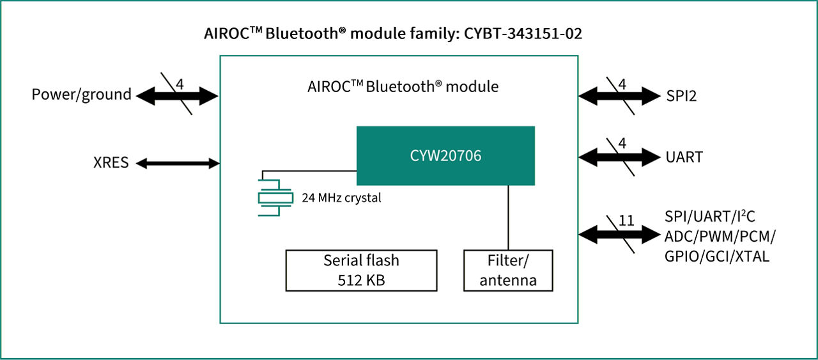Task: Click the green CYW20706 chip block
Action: click(445, 156)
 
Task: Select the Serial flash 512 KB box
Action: click(361, 270)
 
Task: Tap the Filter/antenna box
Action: click(508, 270)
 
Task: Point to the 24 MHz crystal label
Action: click(341, 198)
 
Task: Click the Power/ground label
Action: click(82, 95)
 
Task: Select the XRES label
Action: click(111, 163)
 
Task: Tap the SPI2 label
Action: click(681, 96)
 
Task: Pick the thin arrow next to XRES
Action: click(178, 163)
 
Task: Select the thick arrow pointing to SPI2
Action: click(619, 96)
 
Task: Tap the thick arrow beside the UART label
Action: click(619, 157)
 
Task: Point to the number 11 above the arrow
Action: click(626, 221)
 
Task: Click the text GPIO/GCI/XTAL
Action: click(716, 256)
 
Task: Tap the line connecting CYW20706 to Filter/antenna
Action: click(508, 217)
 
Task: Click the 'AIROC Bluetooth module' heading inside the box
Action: click(403, 86)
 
